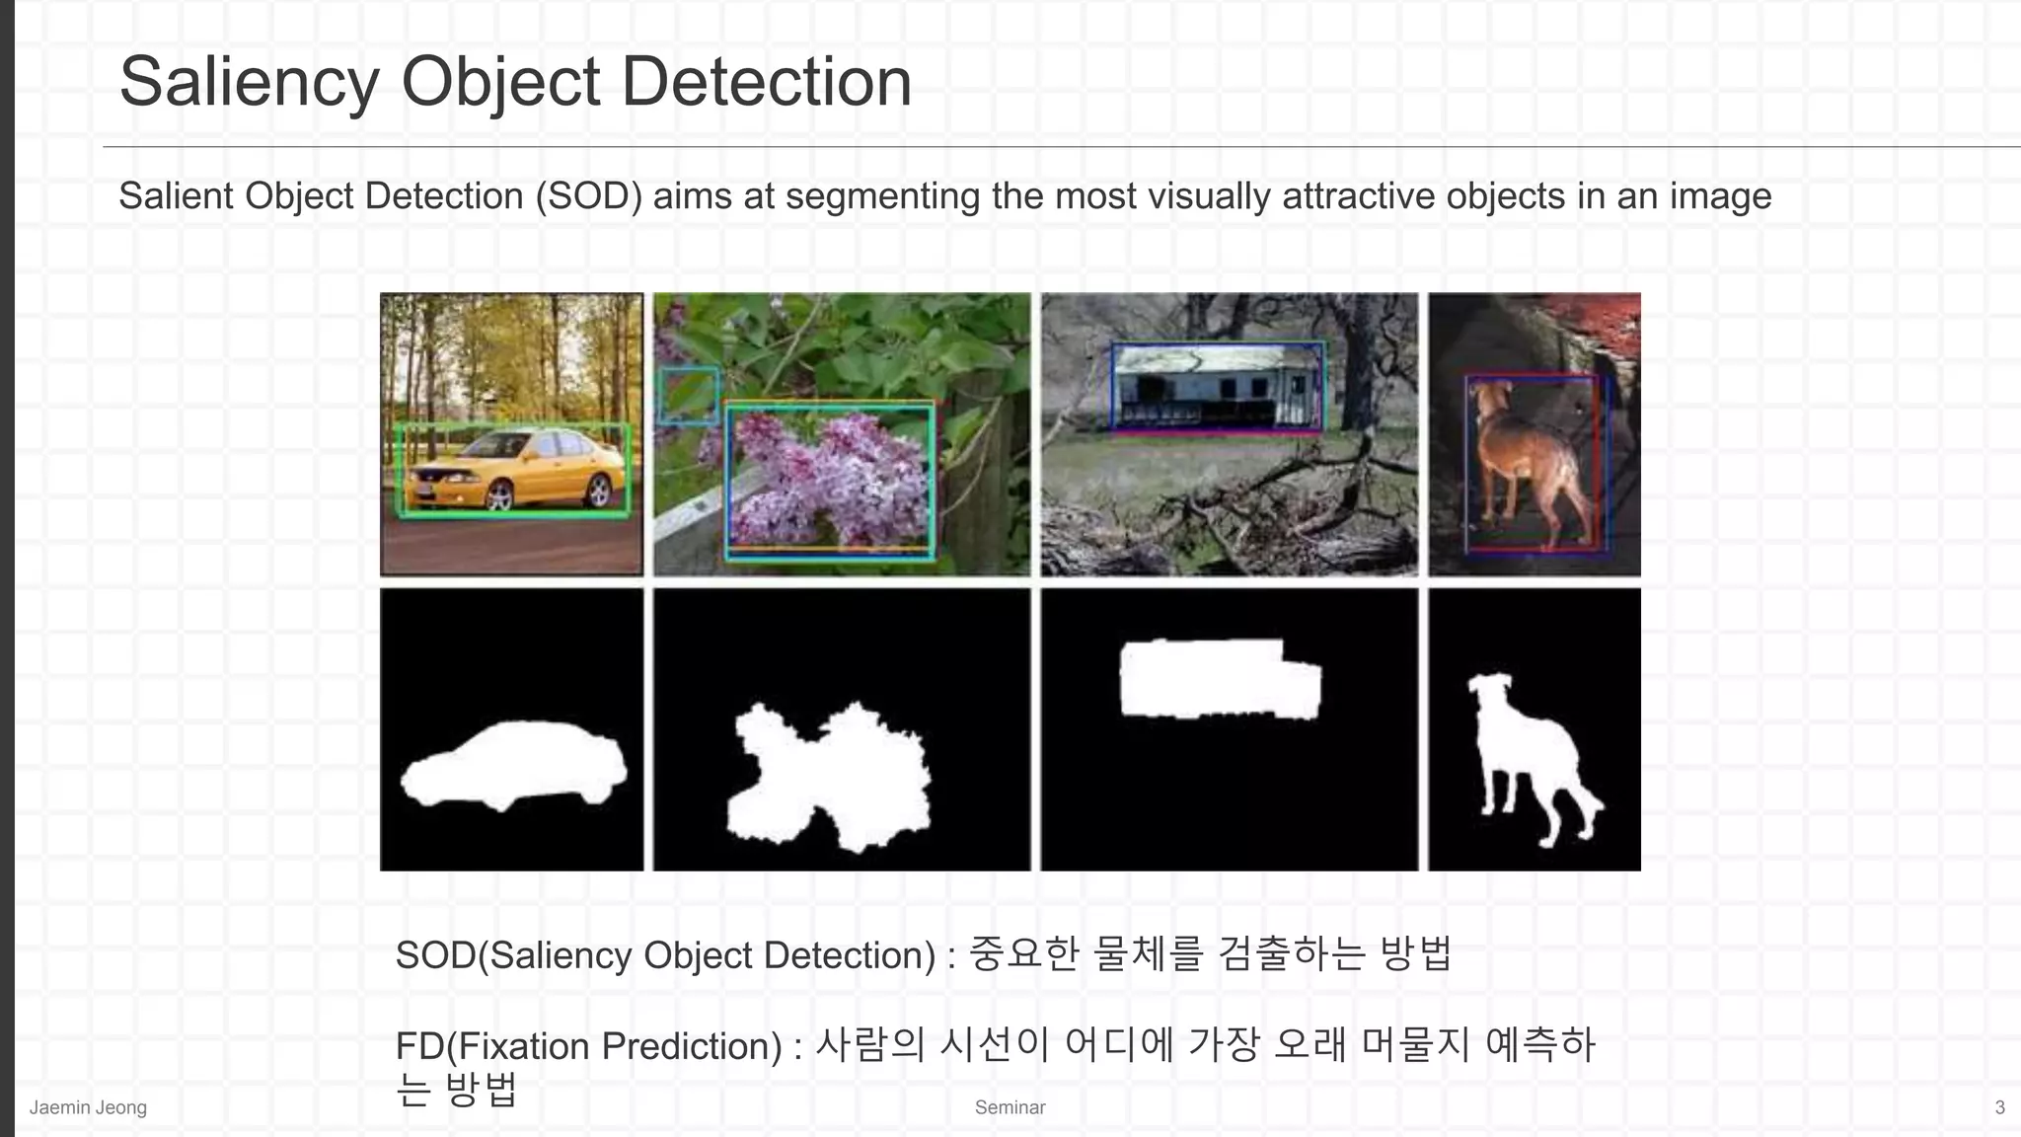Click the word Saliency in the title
coord(249,83)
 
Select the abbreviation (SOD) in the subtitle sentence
coord(588,196)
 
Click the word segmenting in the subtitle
coord(882,196)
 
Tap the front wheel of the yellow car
coord(498,495)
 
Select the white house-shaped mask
coord(1220,679)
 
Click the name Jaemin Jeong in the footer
coord(88,1107)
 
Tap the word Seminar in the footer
coord(1010,1107)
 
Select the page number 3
coord(1999,1107)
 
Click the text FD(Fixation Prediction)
coord(588,1046)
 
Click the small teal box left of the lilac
coord(689,395)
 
